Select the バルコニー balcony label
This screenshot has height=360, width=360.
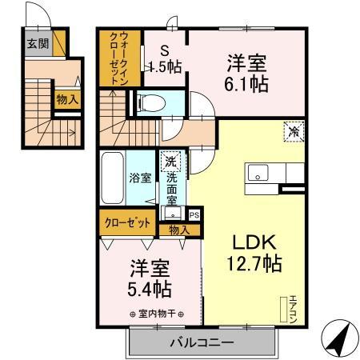[x=201, y=343]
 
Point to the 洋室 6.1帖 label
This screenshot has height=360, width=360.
[x=246, y=71]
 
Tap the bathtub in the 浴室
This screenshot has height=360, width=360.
[x=113, y=177]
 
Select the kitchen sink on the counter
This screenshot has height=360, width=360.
[x=258, y=172]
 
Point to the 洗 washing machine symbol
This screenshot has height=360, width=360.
[x=170, y=162]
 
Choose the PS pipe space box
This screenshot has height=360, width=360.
[x=194, y=214]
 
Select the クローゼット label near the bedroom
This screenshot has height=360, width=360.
[x=126, y=222]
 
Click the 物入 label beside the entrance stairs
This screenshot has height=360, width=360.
[x=66, y=99]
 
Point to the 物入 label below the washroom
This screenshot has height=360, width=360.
[x=178, y=230]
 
